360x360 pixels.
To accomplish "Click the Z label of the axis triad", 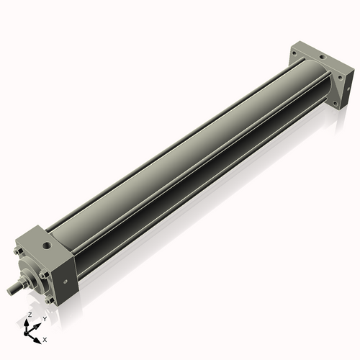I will click(30, 315).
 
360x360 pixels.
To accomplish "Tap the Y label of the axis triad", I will click(44, 318).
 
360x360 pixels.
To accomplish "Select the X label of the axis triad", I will click(45, 338).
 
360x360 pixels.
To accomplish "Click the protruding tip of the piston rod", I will click(12, 292).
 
